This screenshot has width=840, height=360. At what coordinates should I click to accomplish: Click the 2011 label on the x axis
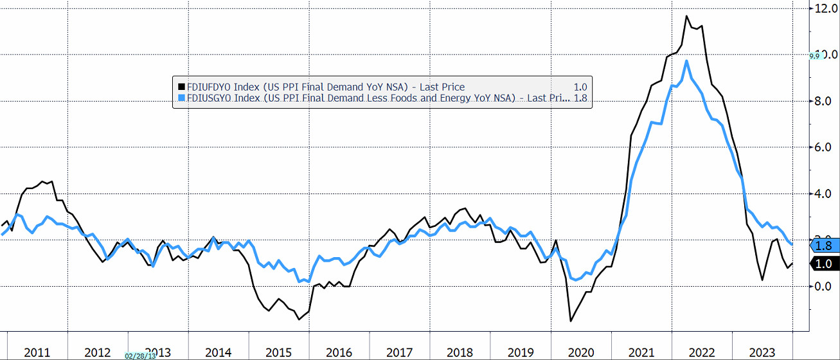(37, 352)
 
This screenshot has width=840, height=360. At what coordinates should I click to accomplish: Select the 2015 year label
(279, 352)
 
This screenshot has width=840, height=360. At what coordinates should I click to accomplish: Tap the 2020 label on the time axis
(581, 352)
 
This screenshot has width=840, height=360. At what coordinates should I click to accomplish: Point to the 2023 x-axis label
(762, 352)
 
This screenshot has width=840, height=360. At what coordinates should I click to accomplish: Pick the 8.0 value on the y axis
(823, 102)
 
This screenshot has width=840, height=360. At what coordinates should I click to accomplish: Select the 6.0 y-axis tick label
(823, 148)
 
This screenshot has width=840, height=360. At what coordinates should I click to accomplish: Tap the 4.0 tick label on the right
(823, 194)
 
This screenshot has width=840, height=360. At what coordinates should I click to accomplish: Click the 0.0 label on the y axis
(823, 286)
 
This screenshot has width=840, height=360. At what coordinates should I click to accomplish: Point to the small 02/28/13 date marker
(140, 355)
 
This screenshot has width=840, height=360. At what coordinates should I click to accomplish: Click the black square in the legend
(181, 87)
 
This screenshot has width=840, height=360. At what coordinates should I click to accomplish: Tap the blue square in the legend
(181, 98)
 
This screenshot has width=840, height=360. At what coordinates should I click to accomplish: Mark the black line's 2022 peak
(687, 16)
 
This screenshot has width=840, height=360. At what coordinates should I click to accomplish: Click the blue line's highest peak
(687, 61)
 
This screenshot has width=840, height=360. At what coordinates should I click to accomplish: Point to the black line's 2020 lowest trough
(570, 321)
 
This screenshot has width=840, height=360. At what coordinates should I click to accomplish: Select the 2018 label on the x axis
(460, 352)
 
